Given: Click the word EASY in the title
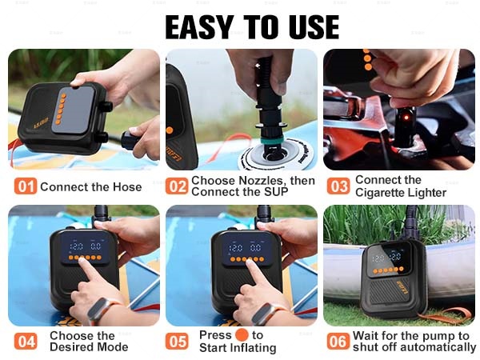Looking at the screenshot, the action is [199, 27].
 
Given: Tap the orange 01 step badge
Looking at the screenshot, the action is [26, 186].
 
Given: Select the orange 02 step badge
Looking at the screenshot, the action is [177, 186].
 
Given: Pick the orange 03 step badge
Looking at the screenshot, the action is [338, 186].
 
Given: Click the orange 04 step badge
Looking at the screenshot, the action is [26, 341].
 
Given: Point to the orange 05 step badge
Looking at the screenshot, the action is [177, 341].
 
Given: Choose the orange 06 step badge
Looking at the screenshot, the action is [338, 341].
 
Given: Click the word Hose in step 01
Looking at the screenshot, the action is [127, 186].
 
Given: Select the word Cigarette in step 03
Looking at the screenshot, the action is [383, 193].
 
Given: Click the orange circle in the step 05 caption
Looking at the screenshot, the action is [242, 334].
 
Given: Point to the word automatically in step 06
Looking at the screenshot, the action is [438, 348].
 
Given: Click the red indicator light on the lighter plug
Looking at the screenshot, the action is [406, 118].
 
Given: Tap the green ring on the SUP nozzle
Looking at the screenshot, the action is [273, 141].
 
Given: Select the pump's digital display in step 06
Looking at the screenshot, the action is [387, 257].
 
